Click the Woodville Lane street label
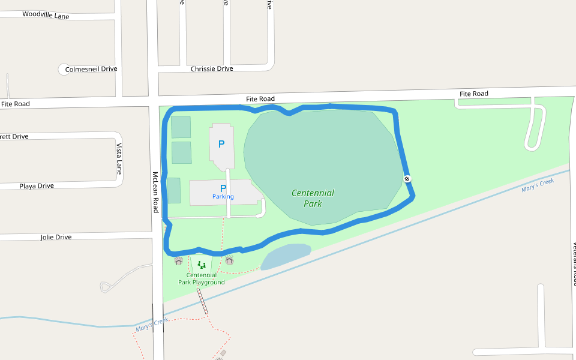[x=46, y=15]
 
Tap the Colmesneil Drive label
[x=91, y=69]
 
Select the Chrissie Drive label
[x=212, y=69]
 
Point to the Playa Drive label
[x=37, y=186]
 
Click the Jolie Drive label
[x=56, y=237]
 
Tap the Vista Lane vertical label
[x=119, y=159]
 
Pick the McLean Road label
[x=155, y=192]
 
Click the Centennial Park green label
[x=313, y=198]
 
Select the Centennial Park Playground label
[x=201, y=279]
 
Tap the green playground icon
[x=202, y=265]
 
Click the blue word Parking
[x=223, y=197]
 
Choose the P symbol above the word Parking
[x=223, y=188]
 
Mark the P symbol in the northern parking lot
[x=221, y=144]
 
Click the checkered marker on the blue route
[x=407, y=178]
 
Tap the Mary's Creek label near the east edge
[x=538, y=185]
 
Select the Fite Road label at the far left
[x=16, y=104]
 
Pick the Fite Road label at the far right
[x=473, y=94]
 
